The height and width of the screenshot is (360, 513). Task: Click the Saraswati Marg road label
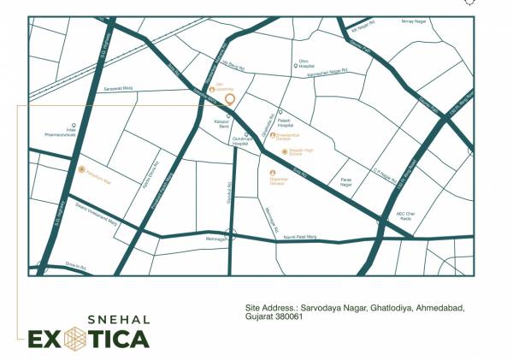pos(119,89)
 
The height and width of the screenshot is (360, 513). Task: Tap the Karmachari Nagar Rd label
pos(322,74)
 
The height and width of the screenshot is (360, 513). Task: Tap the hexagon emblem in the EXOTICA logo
pos(73,339)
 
